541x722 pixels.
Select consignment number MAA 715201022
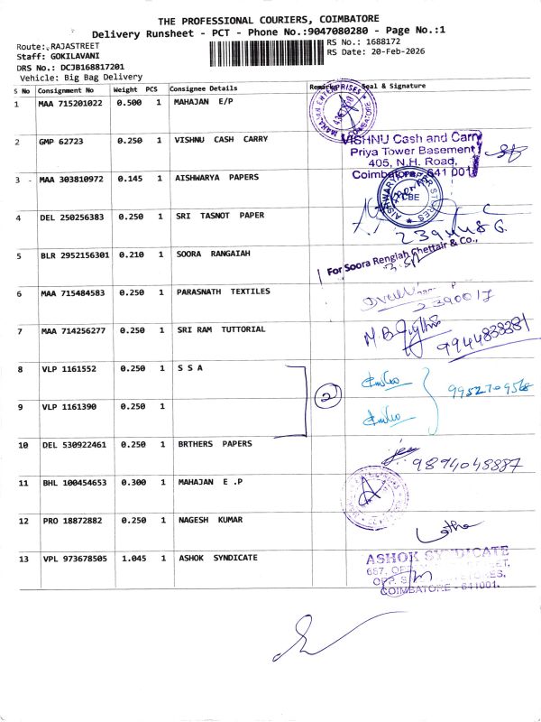(71, 105)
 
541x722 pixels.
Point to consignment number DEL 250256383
(71, 217)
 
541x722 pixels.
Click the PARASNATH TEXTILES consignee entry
(223, 292)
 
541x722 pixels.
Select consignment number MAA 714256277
(71, 330)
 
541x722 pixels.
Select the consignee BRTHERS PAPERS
(214, 444)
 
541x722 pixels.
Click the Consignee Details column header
(204, 89)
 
